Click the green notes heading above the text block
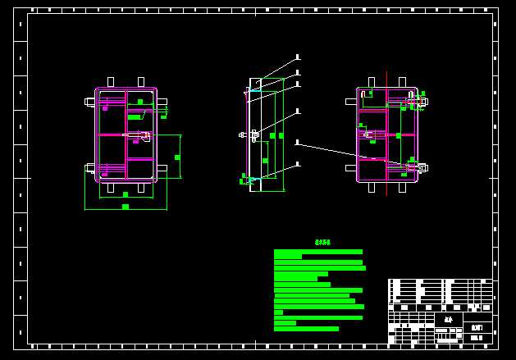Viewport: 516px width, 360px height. coord(322,243)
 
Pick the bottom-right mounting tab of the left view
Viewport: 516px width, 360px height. coord(142,188)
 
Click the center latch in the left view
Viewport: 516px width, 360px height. coord(141,135)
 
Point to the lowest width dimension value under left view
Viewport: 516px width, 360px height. coord(126,207)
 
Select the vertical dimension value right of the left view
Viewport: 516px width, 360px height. coord(177,157)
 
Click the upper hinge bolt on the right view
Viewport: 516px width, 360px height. coord(417,102)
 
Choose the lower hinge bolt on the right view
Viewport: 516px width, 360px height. coord(417,167)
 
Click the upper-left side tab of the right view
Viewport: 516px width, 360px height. coord(350,102)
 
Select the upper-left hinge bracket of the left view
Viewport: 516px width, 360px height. coord(90,102)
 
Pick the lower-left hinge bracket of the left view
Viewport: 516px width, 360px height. coord(90,168)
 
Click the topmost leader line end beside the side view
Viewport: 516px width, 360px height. coord(298,57)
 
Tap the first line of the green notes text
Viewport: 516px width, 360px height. coord(318,252)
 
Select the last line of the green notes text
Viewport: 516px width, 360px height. coord(306,329)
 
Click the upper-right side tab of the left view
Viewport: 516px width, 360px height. coord(162,102)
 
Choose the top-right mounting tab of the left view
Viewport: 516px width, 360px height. coord(141,82)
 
